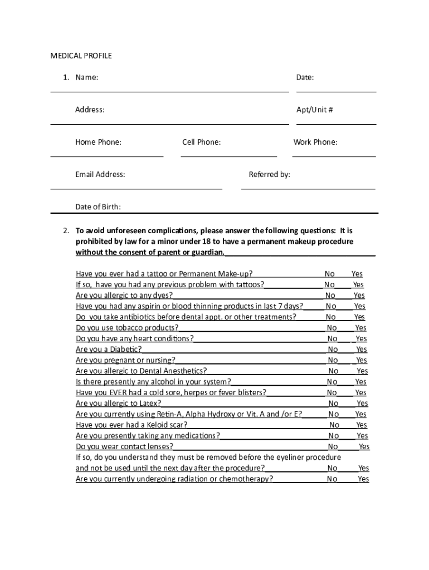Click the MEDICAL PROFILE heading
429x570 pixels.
81,56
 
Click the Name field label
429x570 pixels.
87,77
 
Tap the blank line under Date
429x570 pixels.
336,90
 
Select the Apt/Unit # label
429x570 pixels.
314,110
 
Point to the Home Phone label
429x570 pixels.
98,142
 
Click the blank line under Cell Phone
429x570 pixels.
228,156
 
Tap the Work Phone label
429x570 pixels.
315,142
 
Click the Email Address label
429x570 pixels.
100,174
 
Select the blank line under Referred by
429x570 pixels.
308,188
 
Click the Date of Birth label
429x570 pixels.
98,207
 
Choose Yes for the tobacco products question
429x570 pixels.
360,328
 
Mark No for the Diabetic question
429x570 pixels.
333,350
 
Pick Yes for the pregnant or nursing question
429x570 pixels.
362,360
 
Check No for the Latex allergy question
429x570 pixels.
333,404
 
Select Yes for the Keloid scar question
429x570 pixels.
362,425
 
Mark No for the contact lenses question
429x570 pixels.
333,446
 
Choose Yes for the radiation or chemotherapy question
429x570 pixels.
363,479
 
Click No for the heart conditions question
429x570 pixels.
332,338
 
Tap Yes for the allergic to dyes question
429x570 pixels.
359,296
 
